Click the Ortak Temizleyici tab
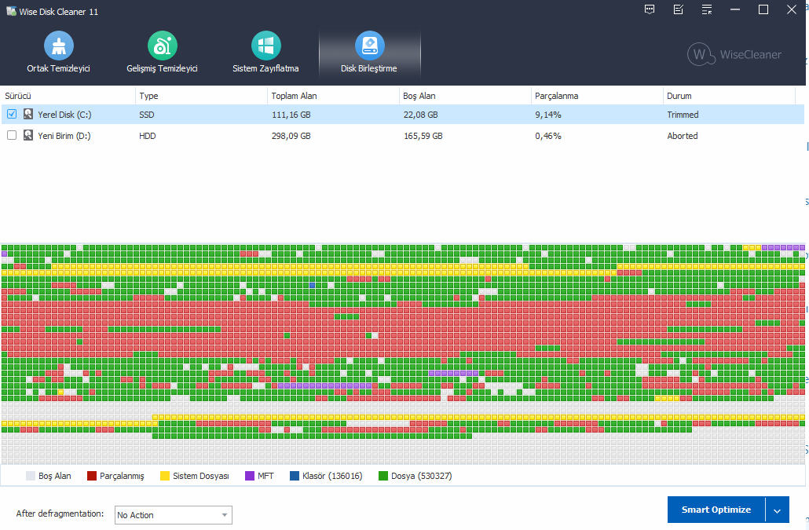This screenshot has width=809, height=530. coord(59,53)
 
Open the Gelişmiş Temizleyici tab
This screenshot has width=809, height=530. coord(162,53)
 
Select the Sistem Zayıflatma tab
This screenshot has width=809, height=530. coord(265,53)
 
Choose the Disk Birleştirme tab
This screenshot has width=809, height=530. coord(369,53)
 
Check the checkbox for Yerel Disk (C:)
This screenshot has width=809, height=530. coord(12,115)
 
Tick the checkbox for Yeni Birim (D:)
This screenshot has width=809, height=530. coord(12,136)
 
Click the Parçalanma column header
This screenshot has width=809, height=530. coord(557,96)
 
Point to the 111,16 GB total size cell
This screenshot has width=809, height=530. coord(291,115)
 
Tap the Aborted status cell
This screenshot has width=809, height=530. coord(683,136)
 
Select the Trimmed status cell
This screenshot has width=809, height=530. coord(683,115)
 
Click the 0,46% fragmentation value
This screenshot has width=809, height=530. coord(548,136)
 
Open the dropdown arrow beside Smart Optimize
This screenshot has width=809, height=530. coord(777,510)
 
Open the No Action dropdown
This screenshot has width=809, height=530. coord(173,515)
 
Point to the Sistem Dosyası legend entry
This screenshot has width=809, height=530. coord(194,476)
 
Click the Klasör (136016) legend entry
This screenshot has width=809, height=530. coord(326,476)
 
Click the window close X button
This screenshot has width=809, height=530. coord(792,9)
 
